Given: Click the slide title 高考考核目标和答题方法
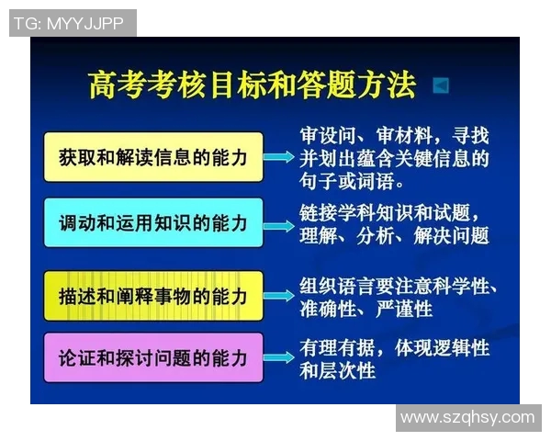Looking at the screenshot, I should pyautogui.click(x=251, y=85).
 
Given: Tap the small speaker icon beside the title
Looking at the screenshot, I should pyautogui.click(x=440, y=85).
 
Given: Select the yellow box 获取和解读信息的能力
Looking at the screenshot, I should pyautogui.click(x=152, y=157).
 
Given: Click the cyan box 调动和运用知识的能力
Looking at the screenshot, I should pyautogui.click(x=152, y=223).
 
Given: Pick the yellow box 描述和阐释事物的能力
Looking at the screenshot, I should pyautogui.click(x=152, y=296).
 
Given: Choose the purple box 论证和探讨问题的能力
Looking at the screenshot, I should pyautogui.click(x=152, y=358).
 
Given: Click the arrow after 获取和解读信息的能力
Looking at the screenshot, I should pyautogui.click(x=279, y=157).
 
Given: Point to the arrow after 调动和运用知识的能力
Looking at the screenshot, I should pyautogui.click(x=279, y=223).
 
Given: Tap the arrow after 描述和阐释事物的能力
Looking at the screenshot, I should pyautogui.click(x=279, y=296).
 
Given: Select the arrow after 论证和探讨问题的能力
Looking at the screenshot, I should pyautogui.click(x=279, y=358).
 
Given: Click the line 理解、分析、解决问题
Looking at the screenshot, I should pyautogui.click(x=394, y=236).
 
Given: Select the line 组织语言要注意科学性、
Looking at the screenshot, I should pyautogui.click(x=399, y=286).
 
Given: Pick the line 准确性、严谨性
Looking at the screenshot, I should pyautogui.click(x=365, y=310).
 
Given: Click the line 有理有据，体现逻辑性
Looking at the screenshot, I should pyautogui.click(x=394, y=348).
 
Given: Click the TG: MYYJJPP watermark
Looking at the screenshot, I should pyautogui.click(x=73, y=22).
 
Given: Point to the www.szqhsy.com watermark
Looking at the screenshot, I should pyautogui.click(x=467, y=418).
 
